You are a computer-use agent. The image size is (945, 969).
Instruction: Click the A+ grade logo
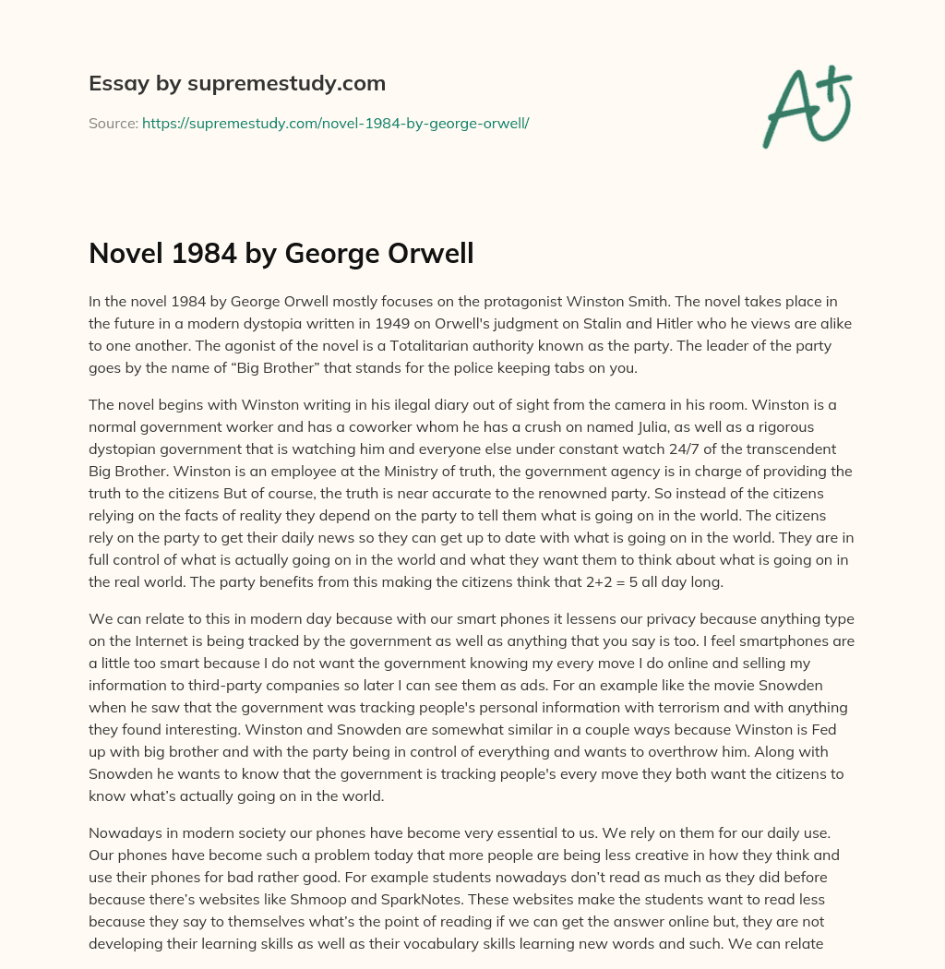coord(806,106)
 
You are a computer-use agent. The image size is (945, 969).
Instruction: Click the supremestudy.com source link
coord(335,122)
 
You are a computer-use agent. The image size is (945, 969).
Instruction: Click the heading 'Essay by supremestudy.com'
coord(237,84)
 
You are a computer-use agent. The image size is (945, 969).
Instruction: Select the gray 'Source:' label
coord(113,122)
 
